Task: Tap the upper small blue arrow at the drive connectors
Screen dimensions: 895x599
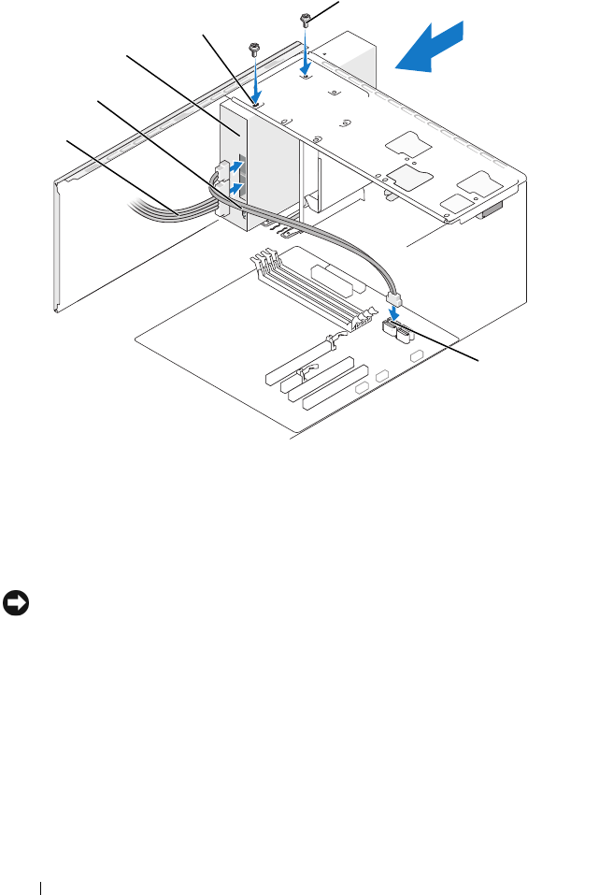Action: click(x=240, y=166)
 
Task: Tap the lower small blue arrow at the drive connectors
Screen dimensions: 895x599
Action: click(x=237, y=188)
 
